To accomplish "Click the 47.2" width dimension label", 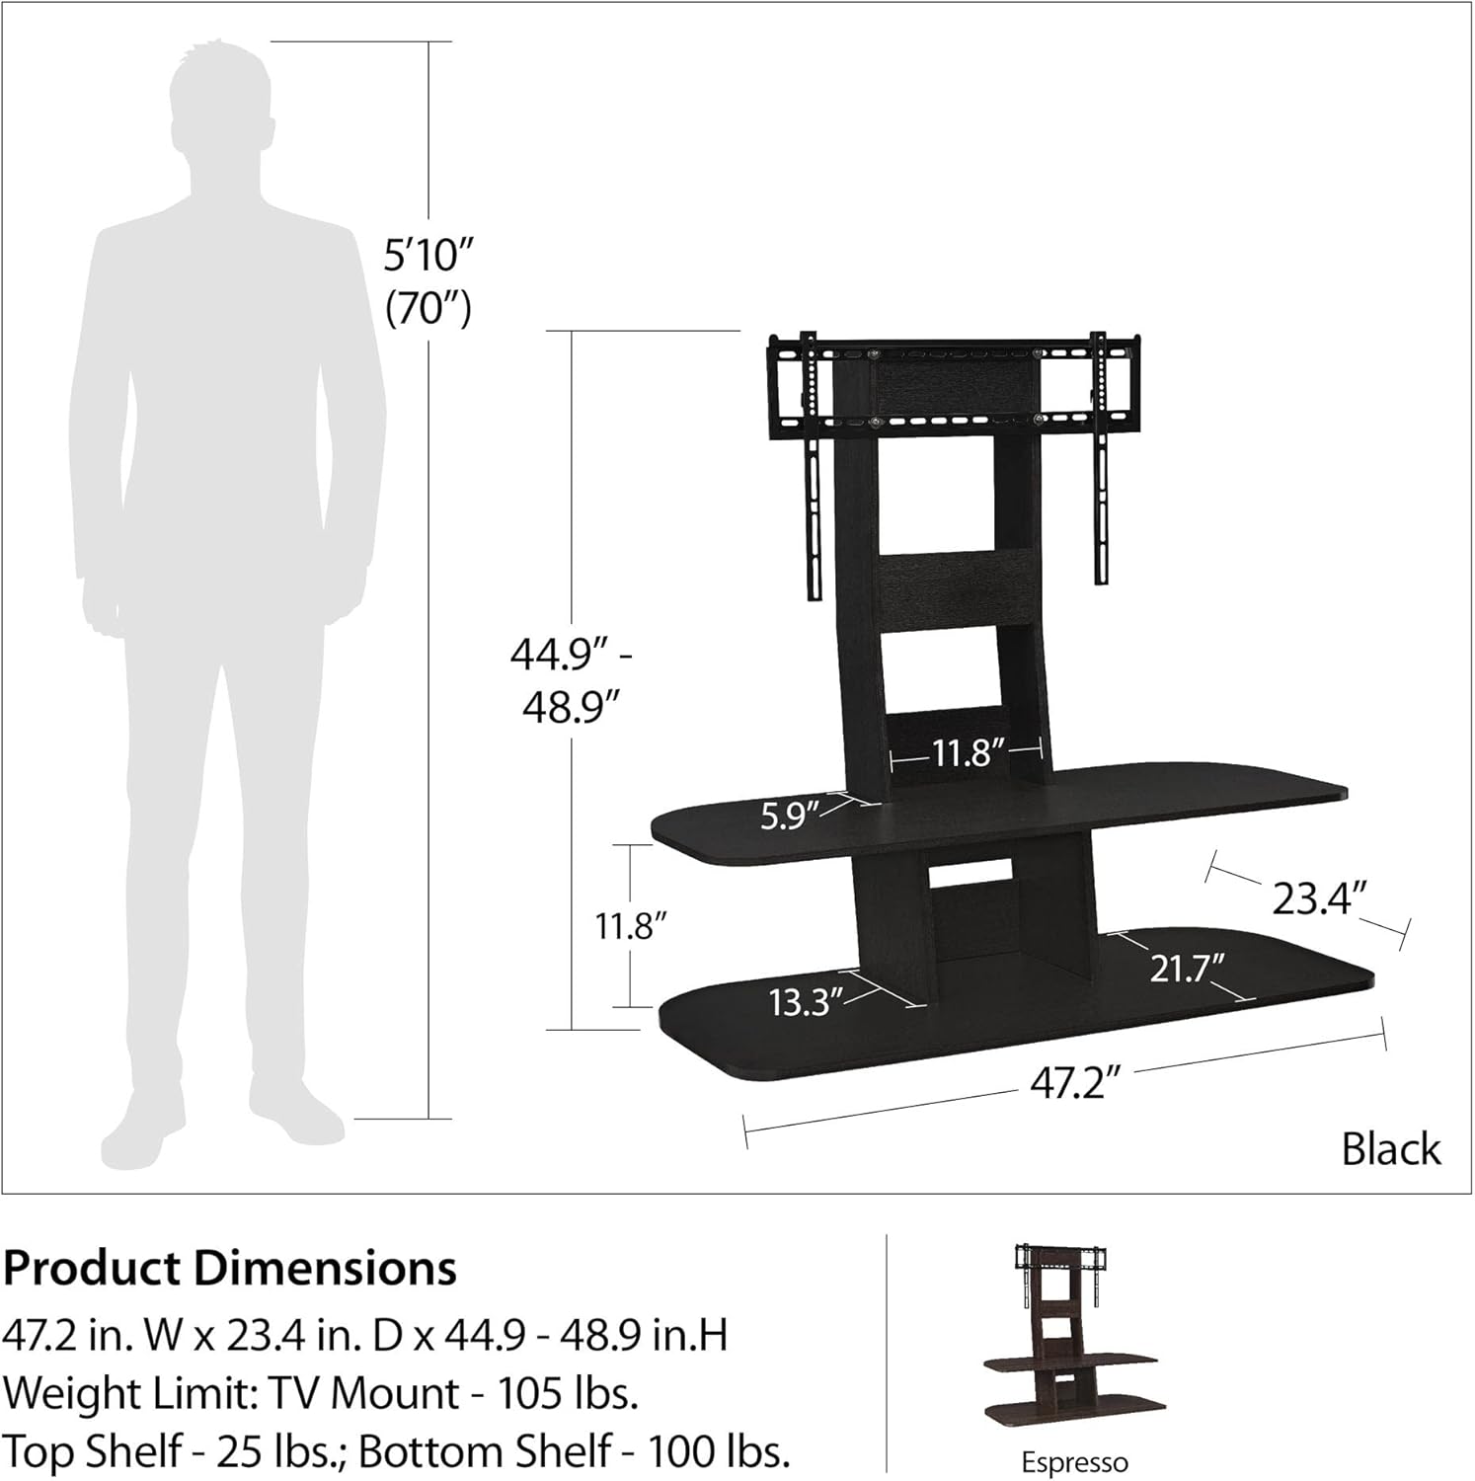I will (1075, 1083).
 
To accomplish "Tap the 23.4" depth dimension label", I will (1318, 898).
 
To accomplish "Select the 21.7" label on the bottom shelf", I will (1187, 968).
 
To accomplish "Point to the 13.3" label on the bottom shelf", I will (805, 1002).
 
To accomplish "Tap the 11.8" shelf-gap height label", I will (631, 926).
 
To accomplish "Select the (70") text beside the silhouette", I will (427, 309).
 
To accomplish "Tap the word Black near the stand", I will (1390, 1149).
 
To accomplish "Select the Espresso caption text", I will (1073, 1462).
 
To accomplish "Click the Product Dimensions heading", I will (230, 1269).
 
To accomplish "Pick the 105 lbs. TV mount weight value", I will (568, 1393).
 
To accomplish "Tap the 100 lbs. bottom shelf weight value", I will (719, 1451).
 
